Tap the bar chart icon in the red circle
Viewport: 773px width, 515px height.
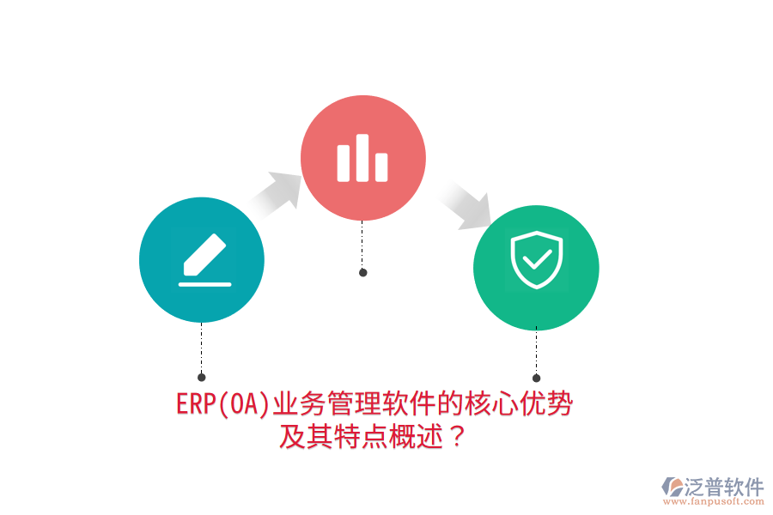(362, 159)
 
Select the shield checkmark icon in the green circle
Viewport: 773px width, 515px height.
(537, 261)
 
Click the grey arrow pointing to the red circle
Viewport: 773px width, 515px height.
(277, 191)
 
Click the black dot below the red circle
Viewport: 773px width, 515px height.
(363, 273)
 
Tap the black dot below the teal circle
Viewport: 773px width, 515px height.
(202, 377)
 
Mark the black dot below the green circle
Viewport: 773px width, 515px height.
(537, 378)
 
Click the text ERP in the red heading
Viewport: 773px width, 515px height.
(194, 404)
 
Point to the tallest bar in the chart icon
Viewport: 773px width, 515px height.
(362, 158)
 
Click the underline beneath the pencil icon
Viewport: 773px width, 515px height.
(204, 282)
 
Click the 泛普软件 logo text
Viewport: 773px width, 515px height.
(724, 488)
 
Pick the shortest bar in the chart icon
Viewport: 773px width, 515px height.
(381, 167)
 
